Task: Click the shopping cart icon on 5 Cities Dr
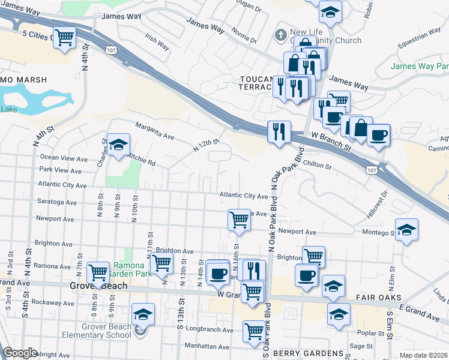pyautogui.click(x=64, y=38)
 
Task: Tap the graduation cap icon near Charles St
pyautogui.click(x=119, y=144)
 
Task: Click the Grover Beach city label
pyautogui.click(x=106, y=286)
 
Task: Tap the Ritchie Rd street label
pyautogui.click(x=142, y=159)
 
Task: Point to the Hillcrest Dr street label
pyautogui.click(x=376, y=205)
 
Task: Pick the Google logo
pyautogui.click(x=20, y=353)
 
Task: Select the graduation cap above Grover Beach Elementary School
pyautogui.click(x=143, y=314)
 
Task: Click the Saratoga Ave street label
pyautogui.click(x=57, y=202)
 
